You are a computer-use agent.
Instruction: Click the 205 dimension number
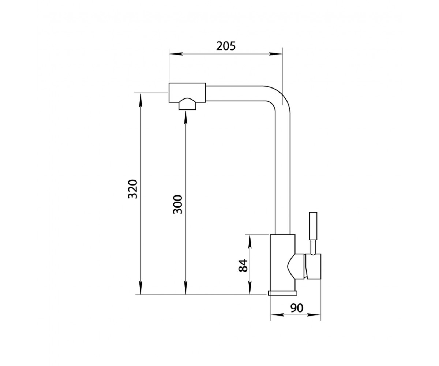(226, 46)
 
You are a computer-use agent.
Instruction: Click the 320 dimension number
(133, 189)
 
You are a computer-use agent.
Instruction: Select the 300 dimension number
(178, 205)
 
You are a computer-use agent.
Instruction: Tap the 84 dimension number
(243, 266)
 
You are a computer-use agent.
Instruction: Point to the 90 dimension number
(297, 308)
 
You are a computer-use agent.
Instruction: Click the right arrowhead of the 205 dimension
(275, 54)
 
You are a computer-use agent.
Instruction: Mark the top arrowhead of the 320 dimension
(140, 100)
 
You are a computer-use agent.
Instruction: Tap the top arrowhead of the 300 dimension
(185, 118)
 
